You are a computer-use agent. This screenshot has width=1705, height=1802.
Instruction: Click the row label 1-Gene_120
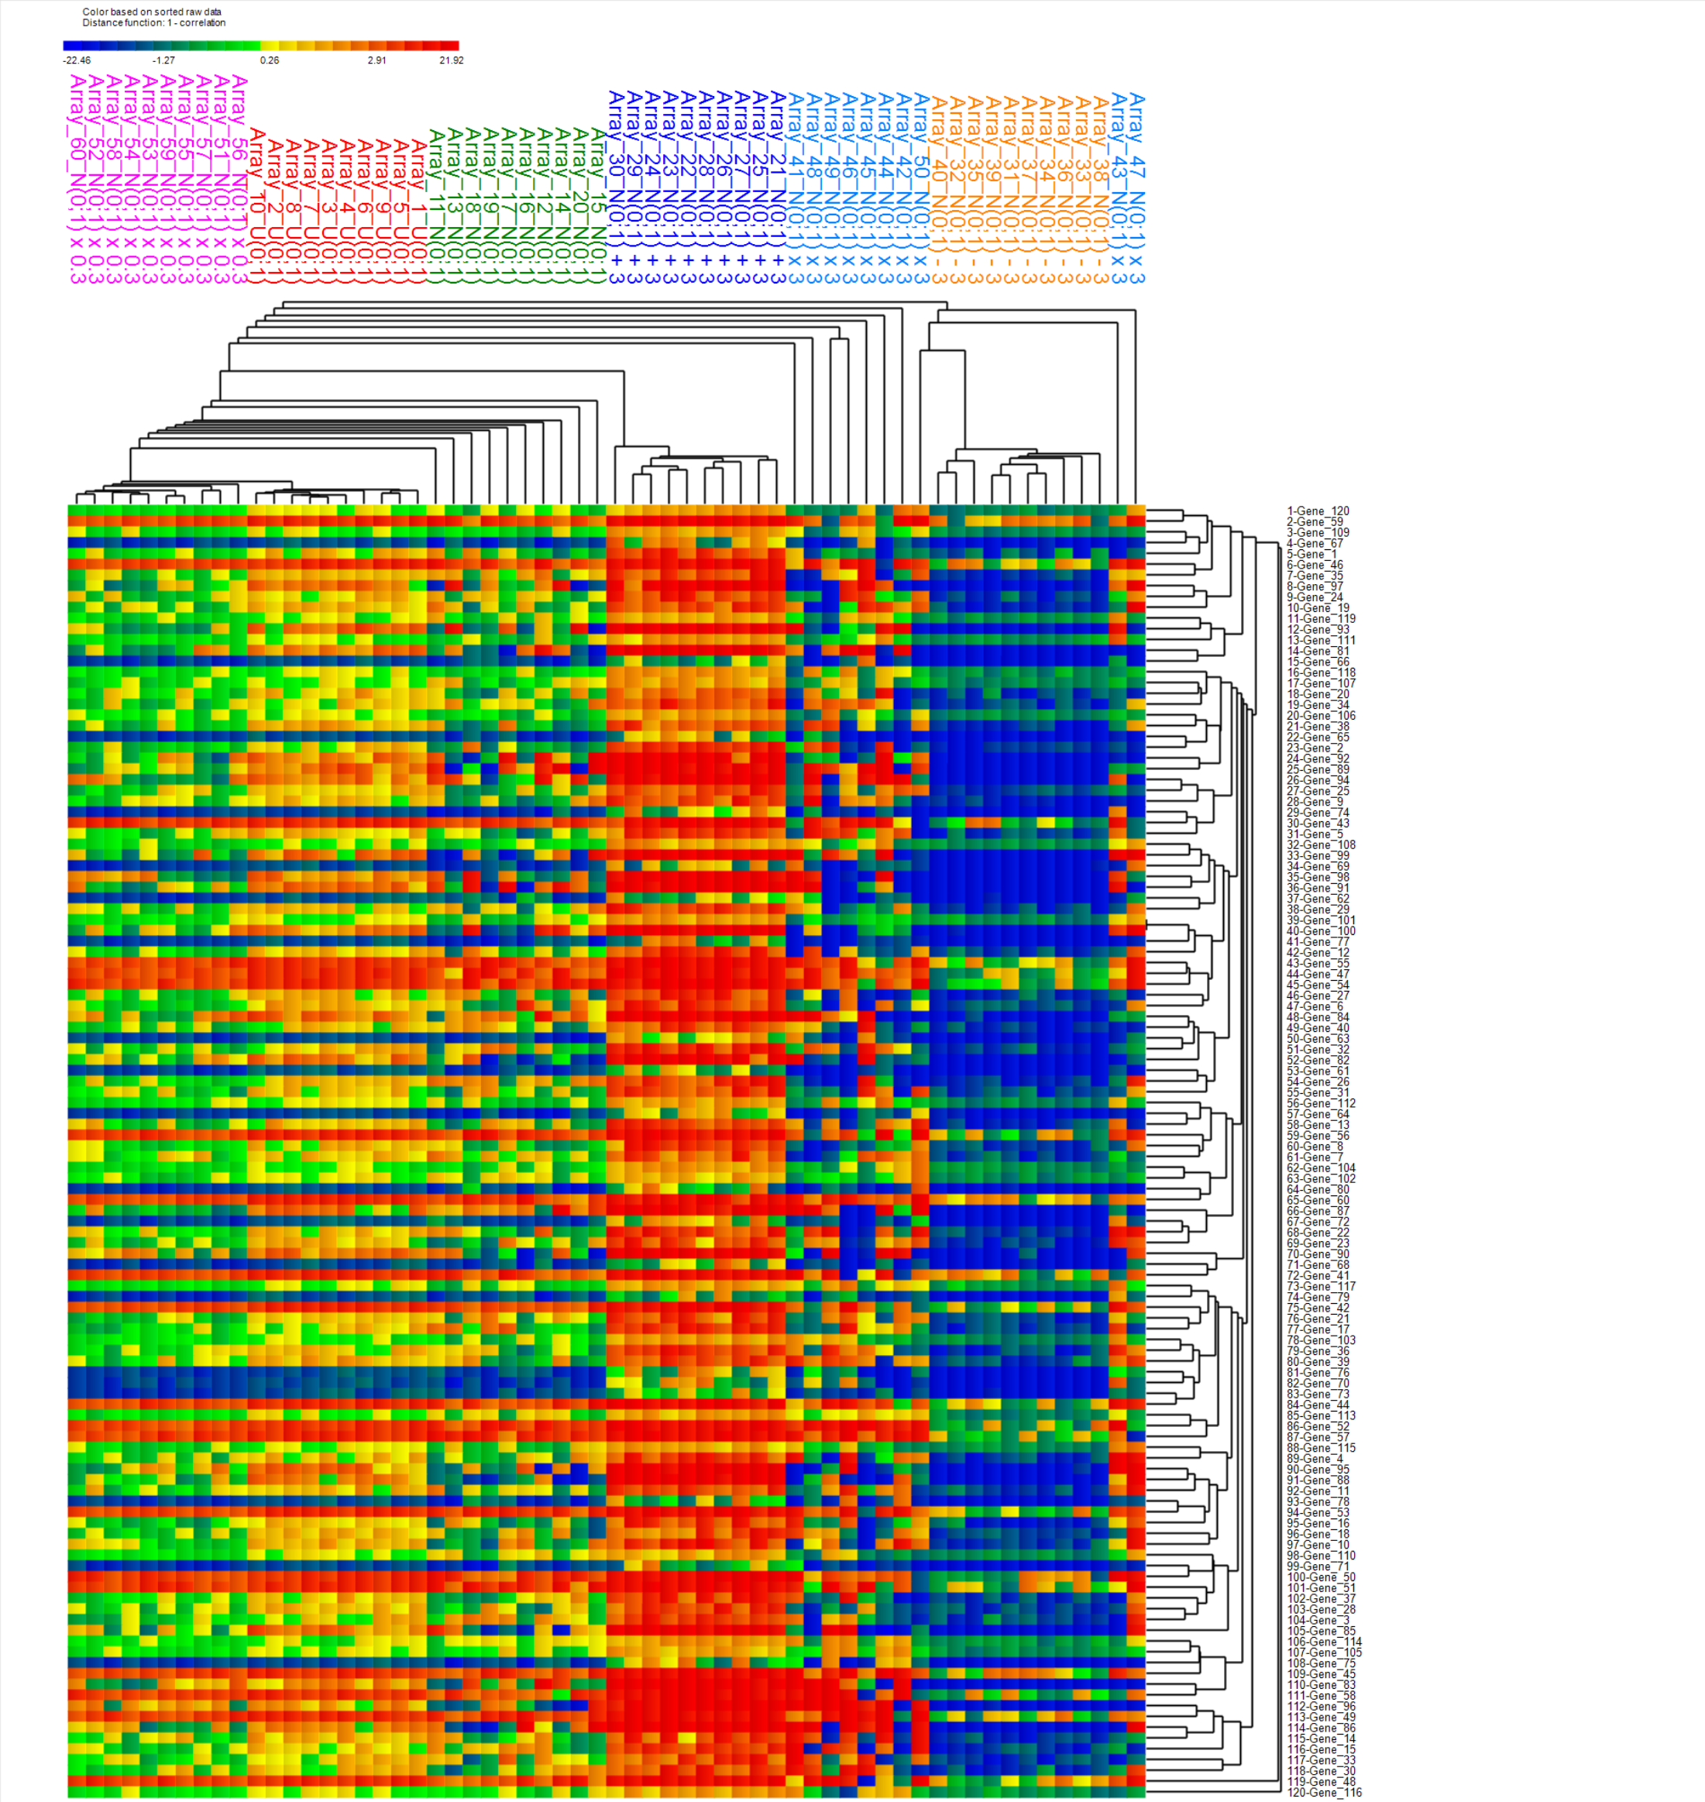tap(1318, 511)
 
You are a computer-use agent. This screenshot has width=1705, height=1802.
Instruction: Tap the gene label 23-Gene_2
tap(1315, 748)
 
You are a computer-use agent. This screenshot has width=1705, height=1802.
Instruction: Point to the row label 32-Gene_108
tap(1321, 845)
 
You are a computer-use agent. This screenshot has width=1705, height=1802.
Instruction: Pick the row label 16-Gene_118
tap(1321, 672)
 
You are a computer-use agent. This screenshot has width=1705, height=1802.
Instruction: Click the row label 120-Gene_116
tap(1324, 1792)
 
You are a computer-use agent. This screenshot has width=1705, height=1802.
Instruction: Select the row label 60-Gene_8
tap(1315, 1147)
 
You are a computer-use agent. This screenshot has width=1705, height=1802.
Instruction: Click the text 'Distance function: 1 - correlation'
tap(153, 22)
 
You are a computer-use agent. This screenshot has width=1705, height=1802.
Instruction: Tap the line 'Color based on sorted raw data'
tap(152, 12)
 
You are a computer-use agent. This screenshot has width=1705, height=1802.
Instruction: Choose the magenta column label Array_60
tap(77, 179)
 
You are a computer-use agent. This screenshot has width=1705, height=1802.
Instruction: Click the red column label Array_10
tap(257, 206)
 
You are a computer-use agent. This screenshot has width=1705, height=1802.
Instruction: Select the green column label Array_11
tap(437, 206)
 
